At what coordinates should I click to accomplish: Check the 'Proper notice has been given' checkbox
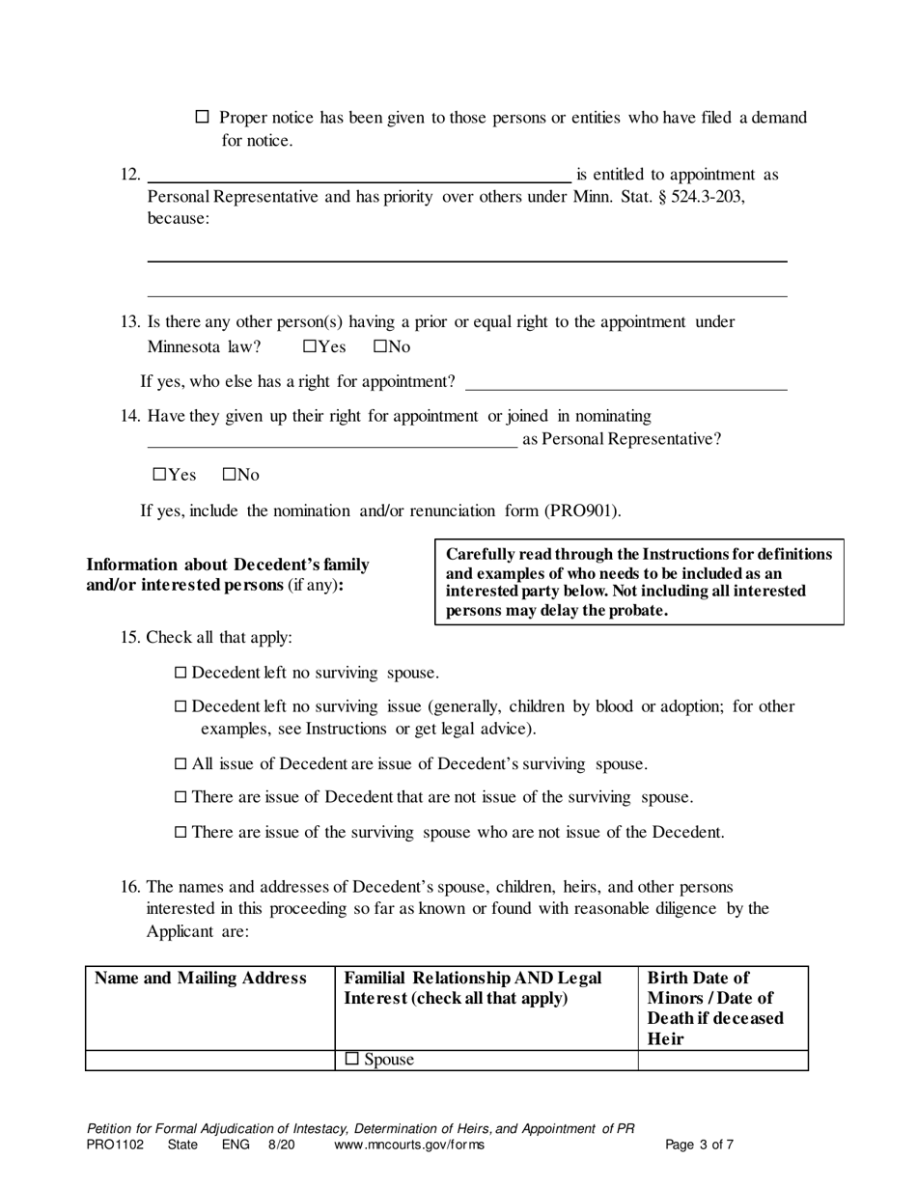coord(202,117)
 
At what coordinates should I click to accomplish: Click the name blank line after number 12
coord(357,174)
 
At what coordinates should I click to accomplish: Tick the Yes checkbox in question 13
coord(309,346)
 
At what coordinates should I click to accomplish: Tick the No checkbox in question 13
coord(379,346)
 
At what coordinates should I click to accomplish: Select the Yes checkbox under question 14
coord(159,475)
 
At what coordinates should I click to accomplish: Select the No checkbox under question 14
coord(229,475)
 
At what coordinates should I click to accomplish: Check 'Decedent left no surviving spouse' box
coord(181,673)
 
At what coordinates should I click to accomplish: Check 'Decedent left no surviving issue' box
coord(181,706)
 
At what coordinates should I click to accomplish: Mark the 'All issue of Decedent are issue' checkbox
coord(181,764)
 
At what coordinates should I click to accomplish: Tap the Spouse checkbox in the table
coord(352,1060)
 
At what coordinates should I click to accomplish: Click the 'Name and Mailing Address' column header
coord(201,979)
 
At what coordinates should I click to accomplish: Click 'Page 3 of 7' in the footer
coord(700,1146)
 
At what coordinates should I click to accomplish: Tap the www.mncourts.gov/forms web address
coord(409,1146)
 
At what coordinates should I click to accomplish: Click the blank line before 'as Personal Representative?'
coord(331,440)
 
